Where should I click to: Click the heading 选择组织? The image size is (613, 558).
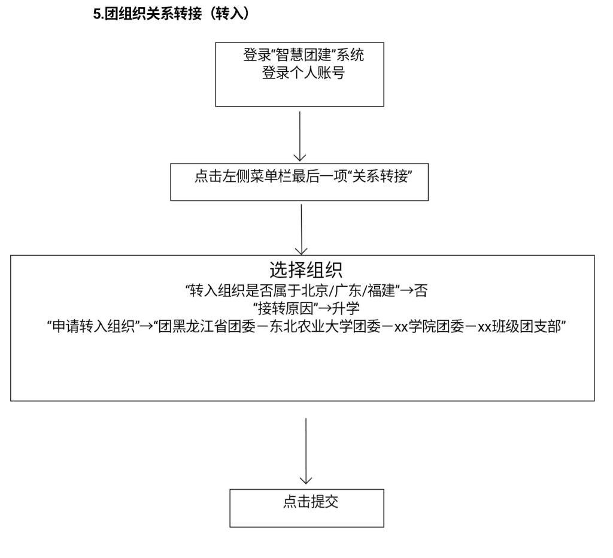305,271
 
